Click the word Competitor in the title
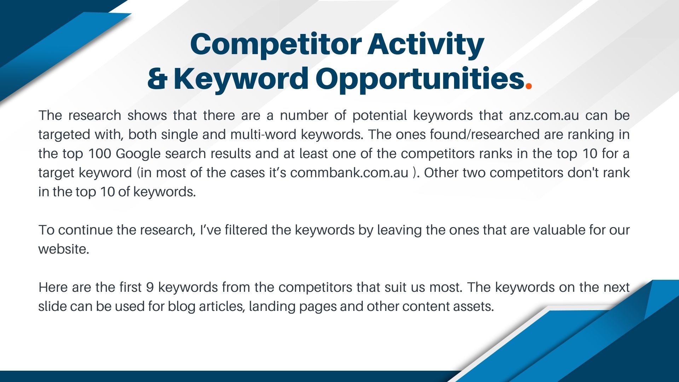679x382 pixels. [276, 45]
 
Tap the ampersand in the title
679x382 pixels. [157, 79]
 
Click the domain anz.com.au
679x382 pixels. [544, 116]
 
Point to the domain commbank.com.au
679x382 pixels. [349, 173]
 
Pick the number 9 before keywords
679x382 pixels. [150, 288]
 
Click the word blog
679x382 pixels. [181, 307]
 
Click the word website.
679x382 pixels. [64, 249]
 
